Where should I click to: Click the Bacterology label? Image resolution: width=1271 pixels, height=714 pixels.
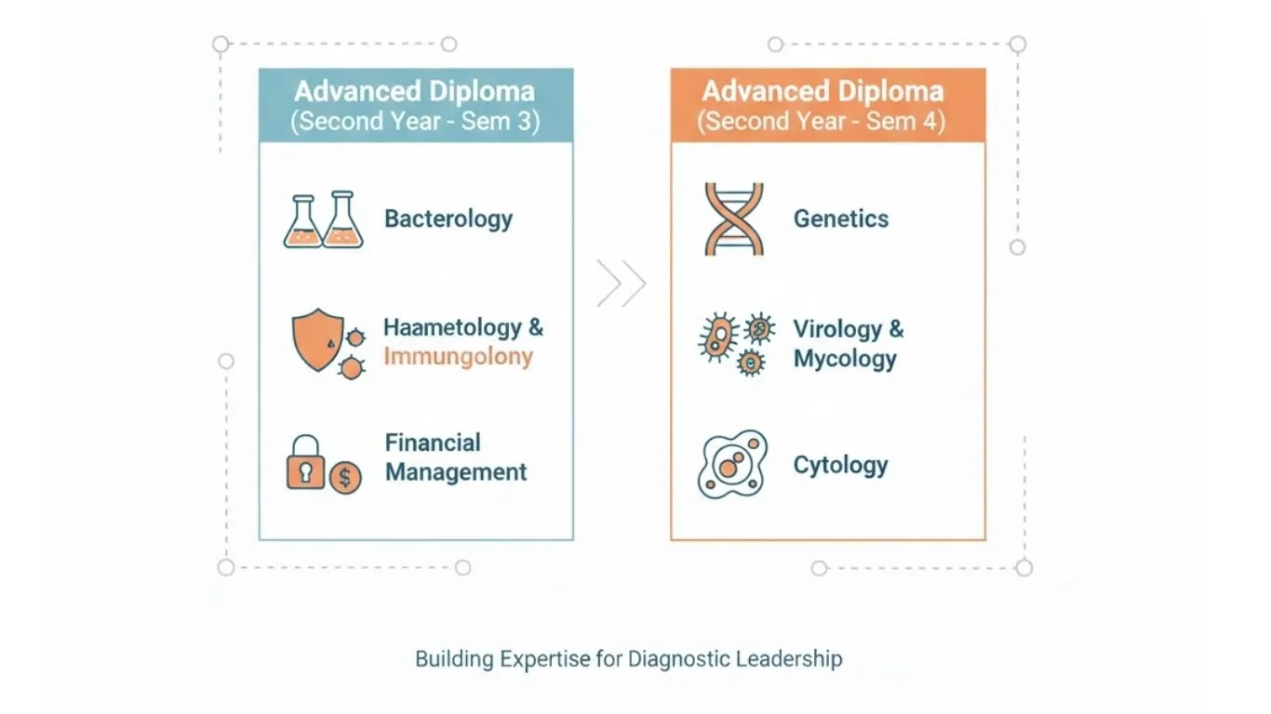(x=448, y=219)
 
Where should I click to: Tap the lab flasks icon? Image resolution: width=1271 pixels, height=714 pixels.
(x=324, y=219)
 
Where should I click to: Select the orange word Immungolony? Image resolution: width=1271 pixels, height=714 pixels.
(x=459, y=357)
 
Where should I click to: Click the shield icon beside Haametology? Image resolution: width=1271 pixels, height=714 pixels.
(x=318, y=339)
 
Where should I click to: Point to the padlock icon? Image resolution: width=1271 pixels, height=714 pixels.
(x=305, y=462)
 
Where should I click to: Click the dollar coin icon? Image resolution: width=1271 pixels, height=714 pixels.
(x=345, y=478)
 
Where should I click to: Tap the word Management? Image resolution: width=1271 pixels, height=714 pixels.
(x=456, y=472)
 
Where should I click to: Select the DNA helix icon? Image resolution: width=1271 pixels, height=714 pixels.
(x=734, y=218)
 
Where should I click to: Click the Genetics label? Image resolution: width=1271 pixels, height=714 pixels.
(x=841, y=218)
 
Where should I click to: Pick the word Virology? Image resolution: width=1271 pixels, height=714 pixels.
(x=837, y=329)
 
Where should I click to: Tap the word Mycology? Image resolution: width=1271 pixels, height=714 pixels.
(x=845, y=359)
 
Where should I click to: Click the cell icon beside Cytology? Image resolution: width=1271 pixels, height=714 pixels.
(x=732, y=465)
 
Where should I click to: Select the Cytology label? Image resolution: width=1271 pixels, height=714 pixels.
(x=840, y=466)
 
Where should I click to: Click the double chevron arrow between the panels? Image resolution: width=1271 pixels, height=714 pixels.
(x=622, y=284)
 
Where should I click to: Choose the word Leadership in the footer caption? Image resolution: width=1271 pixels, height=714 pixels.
(x=789, y=659)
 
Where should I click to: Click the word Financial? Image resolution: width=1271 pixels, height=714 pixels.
(x=433, y=443)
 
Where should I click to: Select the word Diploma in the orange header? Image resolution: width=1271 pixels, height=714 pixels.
(x=890, y=92)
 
